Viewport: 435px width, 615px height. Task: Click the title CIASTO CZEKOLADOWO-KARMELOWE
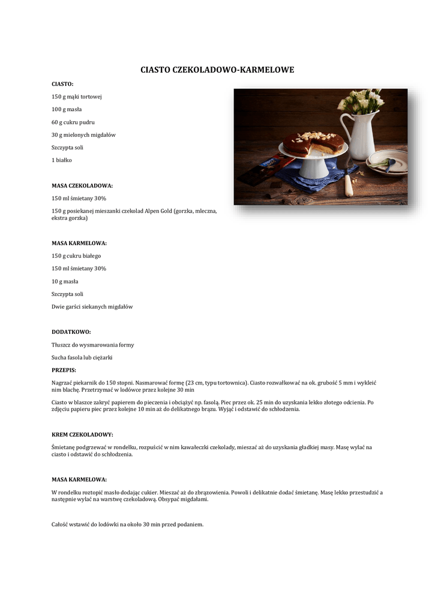tap(217, 70)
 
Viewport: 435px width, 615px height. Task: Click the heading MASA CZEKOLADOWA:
tap(82, 186)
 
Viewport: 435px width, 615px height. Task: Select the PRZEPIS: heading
tap(64, 370)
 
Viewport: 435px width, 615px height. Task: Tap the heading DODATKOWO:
tap(71, 332)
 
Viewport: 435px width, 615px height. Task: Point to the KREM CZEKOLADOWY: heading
tap(82, 434)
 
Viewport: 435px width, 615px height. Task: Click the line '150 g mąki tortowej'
tap(77, 97)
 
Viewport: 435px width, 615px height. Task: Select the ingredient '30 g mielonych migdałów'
tap(83, 135)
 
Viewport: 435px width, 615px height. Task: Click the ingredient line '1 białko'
tap(62, 160)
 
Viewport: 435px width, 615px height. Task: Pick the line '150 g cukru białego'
tap(76, 256)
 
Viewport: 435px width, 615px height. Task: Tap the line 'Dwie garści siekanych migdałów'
tap(92, 306)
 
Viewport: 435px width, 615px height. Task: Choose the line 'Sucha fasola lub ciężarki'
tap(82, 357)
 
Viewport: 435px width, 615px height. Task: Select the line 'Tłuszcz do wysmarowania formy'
tap(93, 345)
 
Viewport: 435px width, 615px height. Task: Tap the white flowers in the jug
tap(361, 100)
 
